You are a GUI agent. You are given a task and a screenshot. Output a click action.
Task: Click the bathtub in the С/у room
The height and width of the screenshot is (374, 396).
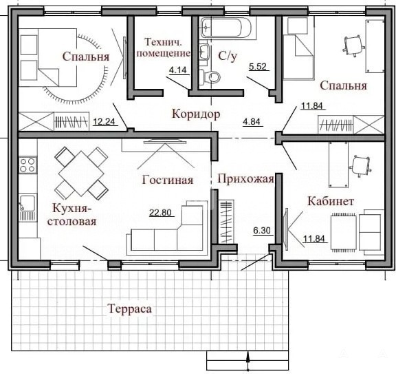[226, 28]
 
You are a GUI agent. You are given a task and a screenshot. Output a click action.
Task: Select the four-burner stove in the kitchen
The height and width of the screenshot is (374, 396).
[27, 165]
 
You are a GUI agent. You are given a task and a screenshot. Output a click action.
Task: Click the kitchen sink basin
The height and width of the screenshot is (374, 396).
[27, 202]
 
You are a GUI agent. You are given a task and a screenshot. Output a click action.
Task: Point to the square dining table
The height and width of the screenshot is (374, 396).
[81, 174]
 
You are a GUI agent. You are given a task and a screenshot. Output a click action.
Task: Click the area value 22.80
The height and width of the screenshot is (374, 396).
[160, 212]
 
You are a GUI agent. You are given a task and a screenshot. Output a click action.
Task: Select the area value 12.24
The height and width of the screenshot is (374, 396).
[104, 122]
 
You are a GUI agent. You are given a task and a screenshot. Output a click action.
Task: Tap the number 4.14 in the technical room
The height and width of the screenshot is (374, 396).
[178, 70]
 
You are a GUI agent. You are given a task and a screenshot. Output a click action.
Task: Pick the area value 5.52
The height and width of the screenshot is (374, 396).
[258, 67]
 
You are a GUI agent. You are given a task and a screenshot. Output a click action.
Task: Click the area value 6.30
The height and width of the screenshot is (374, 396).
[262, 231]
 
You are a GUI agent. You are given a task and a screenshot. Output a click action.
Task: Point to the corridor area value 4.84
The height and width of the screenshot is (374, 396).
[252, 122]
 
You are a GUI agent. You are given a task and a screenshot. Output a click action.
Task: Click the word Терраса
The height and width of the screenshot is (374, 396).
[130, 309]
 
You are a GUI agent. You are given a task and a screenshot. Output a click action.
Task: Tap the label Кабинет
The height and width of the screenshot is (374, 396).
[331, 201]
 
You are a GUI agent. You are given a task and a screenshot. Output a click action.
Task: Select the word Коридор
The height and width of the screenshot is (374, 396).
[196, 114]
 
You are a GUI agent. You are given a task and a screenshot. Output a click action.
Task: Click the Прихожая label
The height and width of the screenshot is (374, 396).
[245, 179]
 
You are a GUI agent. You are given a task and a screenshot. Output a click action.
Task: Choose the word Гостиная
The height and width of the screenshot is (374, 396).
[168, 180]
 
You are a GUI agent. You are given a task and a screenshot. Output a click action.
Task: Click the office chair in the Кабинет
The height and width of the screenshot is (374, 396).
[360, 165]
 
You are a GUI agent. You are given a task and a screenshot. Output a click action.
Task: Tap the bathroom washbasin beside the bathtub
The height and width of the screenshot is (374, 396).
[204, 52]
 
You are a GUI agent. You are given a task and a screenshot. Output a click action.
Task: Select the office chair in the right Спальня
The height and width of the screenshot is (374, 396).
[353, 45]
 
